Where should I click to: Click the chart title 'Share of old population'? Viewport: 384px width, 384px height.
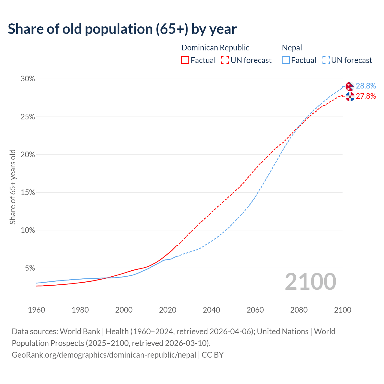pos(122,29)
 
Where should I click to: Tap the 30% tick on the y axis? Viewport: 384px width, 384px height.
pos(28,79)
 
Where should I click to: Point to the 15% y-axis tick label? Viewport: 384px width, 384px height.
pos(28,192)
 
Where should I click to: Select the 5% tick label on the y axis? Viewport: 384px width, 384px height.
pos(30,268)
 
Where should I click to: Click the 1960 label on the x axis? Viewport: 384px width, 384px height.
pos(36,310)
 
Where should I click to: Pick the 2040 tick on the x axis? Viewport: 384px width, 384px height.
pos(211,310)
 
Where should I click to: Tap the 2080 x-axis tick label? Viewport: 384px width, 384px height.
pos(299,310)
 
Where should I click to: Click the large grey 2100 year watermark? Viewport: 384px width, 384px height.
pos(310,282)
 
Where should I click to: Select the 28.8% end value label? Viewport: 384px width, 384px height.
pos(366,86)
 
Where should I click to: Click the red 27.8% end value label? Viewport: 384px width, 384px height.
pos(366,96)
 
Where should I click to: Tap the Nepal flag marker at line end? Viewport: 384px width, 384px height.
pos(349,87)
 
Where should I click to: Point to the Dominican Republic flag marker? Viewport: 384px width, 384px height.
pos(350,97)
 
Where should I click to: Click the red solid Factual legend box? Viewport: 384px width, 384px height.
pos(185,60)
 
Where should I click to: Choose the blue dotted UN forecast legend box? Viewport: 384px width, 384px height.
pos(326,60)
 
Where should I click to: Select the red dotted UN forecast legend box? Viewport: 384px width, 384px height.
pos(225,60)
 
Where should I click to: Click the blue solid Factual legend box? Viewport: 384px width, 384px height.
pos(286,60)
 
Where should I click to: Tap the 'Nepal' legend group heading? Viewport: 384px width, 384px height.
pos(292,48)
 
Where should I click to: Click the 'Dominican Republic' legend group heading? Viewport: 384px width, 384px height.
pos(215,48)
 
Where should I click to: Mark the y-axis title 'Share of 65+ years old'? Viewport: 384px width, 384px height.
pos(13,187)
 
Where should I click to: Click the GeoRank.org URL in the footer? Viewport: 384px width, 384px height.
pos(104,355)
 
